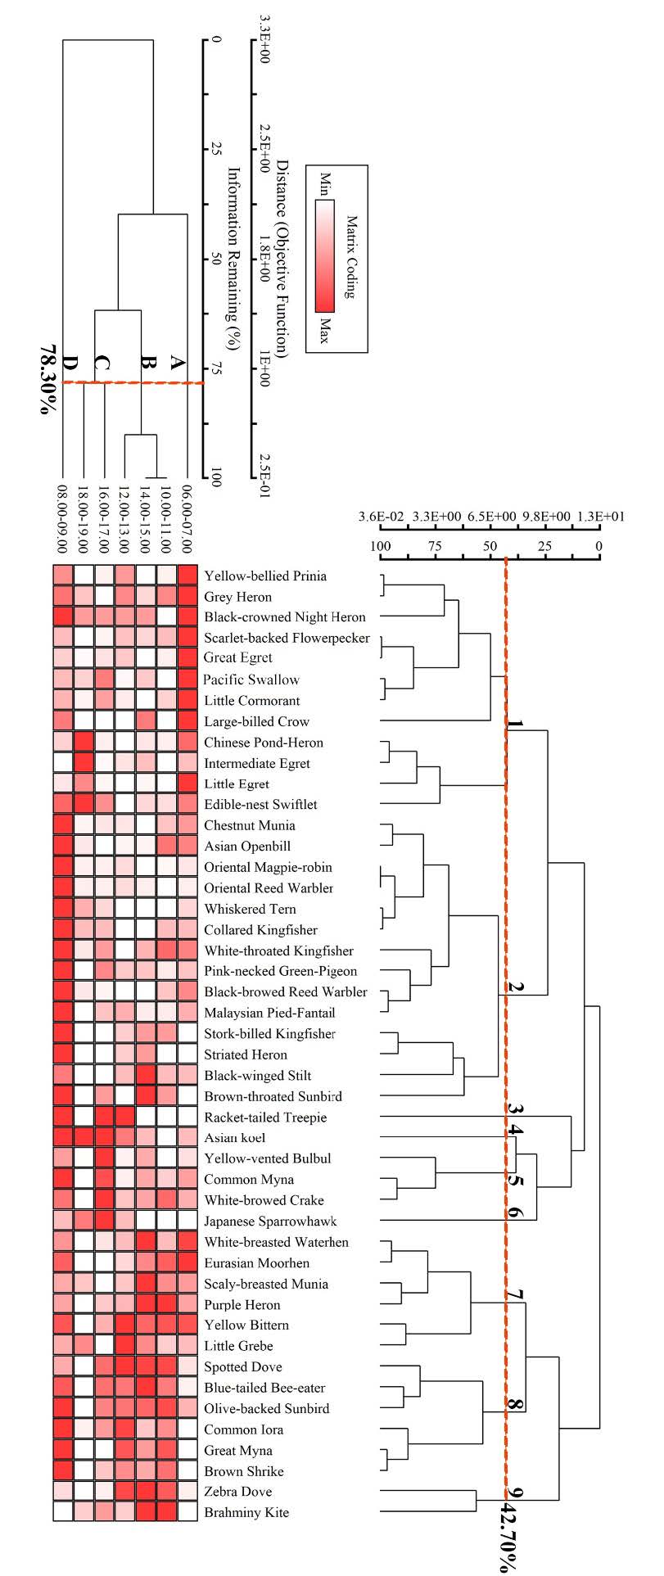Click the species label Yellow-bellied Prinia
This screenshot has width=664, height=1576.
pyautogui.click(x=265, y=576)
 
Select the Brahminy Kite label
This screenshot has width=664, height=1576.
pyautogui.click(x=246, y=1512)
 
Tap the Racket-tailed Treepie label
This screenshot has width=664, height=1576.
pyautogui.click(x=265, y=1117)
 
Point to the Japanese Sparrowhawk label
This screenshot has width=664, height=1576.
pyautogui.click(x=270, y=1221)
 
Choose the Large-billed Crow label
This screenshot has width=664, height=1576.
pyautogui.click(x=256, y=721)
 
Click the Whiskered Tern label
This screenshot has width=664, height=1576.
pyautogui.click(x=250, y=909)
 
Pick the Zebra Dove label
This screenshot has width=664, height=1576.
pyautogui.click(x=237, y=1491)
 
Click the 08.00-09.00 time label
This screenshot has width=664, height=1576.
pyautogui.click(x=63, y=518)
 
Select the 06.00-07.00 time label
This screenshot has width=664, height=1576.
pyautogui.click(x=188, y=518)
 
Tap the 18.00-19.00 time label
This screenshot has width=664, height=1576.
pyautogui.click(x=84, y=518)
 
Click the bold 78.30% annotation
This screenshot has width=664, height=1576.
pyautogui.click(x=48, y=378)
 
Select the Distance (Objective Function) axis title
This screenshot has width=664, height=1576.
pyautogui.click(x=282, y=258)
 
